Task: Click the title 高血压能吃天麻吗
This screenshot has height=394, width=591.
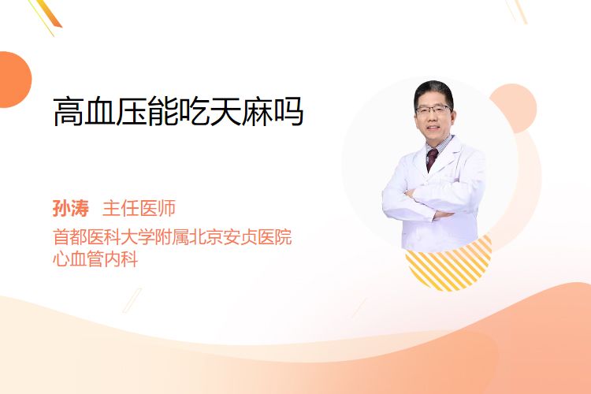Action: (178, 111)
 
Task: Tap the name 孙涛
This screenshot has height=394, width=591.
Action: (71, 209)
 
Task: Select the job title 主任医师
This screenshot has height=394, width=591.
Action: (139, 209)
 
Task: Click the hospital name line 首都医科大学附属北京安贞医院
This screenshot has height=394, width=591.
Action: (173, 237)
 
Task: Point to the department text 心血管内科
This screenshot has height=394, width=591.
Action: (95, 259)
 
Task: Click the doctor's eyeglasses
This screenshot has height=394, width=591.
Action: (433, 110)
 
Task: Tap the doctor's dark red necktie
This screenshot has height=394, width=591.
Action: (431, 159)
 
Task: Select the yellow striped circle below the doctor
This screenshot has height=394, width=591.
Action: (448, 264)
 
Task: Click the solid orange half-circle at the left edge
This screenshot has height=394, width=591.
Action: (14, 80)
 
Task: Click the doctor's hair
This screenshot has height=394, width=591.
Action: (433, 91)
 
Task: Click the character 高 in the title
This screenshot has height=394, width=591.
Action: (69, 111)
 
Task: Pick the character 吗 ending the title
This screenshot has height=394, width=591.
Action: (288, 111)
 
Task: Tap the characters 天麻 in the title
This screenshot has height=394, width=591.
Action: (241, 111)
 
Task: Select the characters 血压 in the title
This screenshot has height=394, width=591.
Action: (115, 111)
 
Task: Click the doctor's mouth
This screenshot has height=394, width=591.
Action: (433, 128)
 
